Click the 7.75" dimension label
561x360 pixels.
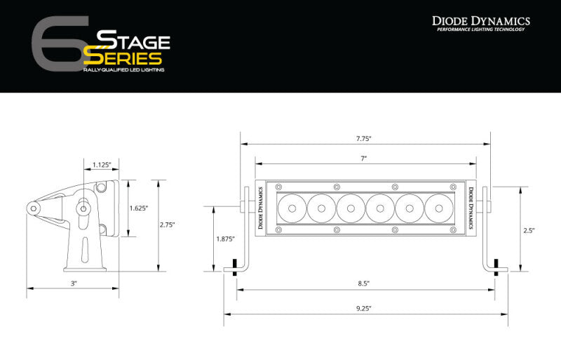[365, 138]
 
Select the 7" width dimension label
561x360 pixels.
[365, 159]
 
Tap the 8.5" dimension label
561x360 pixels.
[363, 284]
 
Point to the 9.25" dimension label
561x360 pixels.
[363, 308]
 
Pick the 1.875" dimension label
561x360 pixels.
[224, 239]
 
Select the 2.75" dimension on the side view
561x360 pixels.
[167, 225]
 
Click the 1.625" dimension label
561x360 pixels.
[139, 208]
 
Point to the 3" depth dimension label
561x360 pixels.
[73, 283]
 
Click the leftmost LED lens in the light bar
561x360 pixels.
[291, 208]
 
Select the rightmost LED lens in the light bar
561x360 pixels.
[438, 208]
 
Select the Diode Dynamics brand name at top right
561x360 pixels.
[480, 21]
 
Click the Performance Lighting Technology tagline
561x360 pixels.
[480, 31]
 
